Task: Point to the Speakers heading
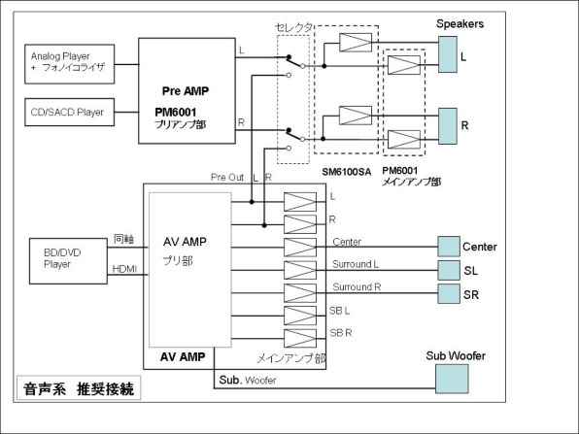461,23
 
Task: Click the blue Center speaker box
449,246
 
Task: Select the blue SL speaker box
449,270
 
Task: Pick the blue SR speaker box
449,292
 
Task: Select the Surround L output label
356,263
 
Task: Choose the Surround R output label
356,287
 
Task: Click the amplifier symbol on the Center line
299,246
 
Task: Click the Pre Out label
226,178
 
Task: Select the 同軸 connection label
123,238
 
